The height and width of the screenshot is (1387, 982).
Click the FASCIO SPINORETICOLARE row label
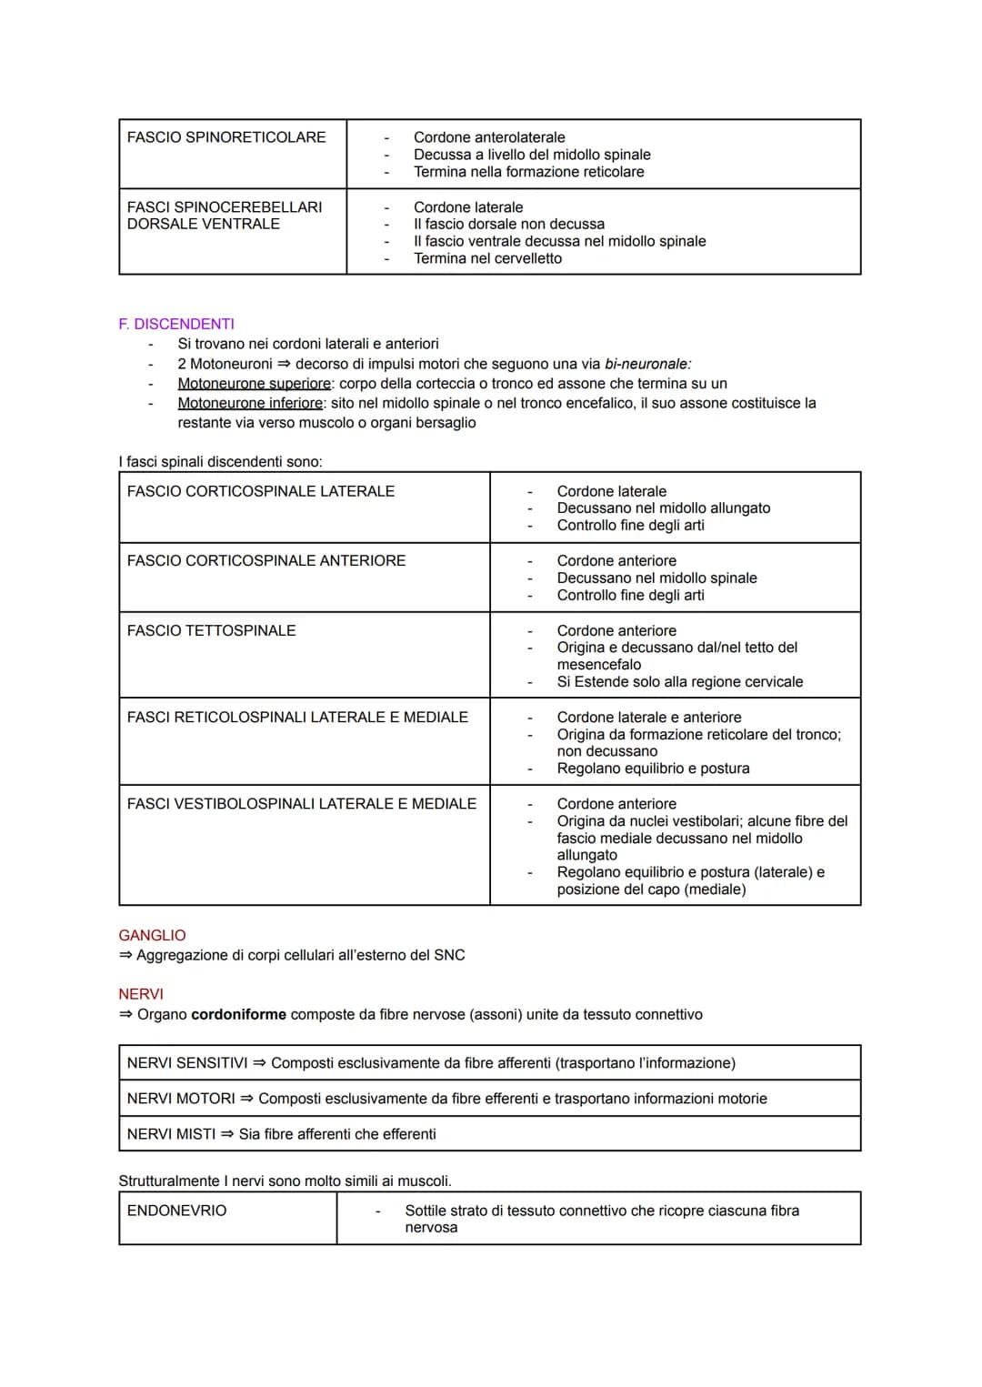(226, 137)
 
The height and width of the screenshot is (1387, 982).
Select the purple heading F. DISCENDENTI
(176, 324)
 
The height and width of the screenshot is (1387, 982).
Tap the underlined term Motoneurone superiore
(254, 384)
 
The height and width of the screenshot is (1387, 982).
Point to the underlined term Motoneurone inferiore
(250, 403)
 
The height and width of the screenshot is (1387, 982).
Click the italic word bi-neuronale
(647, 364)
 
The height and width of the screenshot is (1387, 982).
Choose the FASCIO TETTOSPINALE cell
(212, 630)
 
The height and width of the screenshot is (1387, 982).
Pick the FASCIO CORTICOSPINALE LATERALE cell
(261, 491)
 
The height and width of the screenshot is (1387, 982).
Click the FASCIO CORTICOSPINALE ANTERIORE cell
(266, 561)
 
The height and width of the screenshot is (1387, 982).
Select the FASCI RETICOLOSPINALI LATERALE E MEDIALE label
(297, 718)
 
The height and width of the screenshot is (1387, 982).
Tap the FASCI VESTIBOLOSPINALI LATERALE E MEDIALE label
(302, 804)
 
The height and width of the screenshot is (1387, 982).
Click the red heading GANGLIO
(152, 935)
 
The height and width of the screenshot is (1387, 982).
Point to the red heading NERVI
(141, 994)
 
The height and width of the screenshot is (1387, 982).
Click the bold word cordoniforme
(238, 1014)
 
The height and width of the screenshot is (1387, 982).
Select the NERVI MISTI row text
(282, 1134)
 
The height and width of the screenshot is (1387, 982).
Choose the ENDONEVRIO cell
(177, 1211)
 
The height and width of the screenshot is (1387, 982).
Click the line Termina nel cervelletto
(487, 258)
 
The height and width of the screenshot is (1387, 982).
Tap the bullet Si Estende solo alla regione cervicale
(679, 682)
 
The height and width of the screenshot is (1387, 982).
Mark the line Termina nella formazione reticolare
(528, 172)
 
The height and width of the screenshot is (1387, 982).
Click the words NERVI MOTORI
(181, 1099)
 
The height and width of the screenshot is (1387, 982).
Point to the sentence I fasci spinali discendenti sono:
(220, 462)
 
